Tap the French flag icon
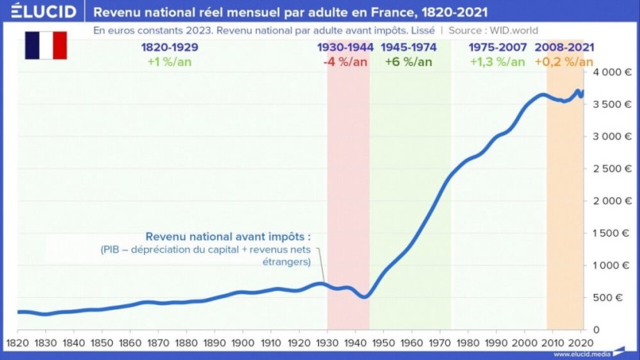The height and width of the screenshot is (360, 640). click(46, 46)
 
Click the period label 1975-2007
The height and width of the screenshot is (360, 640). click(498, 47)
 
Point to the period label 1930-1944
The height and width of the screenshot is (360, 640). click(346, 47)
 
